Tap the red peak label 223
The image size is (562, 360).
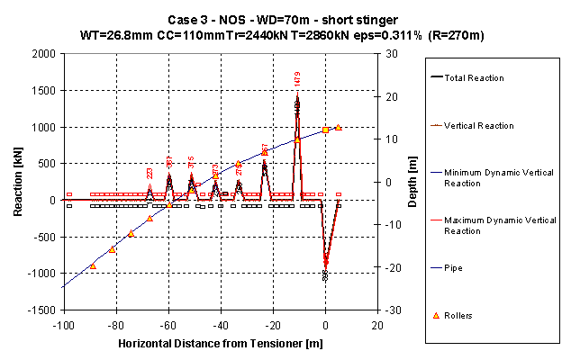click(150, 174)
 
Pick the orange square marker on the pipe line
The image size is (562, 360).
click(325, 130)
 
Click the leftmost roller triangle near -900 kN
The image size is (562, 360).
click(93, 266)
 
